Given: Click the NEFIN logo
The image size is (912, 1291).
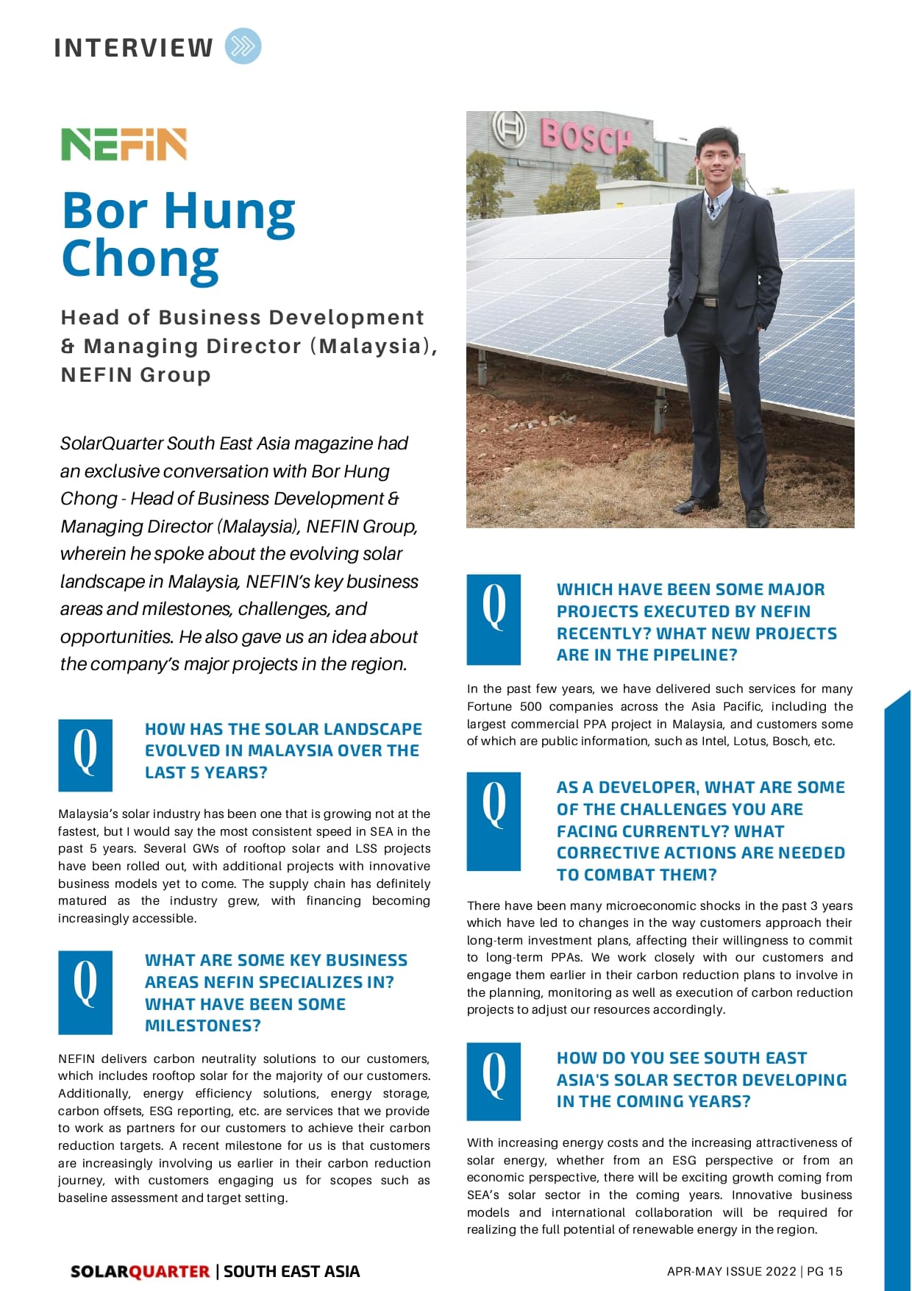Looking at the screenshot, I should pos(124,144).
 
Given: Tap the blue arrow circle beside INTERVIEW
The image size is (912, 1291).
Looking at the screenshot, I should pos(243,46).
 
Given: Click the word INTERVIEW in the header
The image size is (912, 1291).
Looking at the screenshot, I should pos(133,48).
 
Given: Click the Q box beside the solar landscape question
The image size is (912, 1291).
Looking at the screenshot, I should pos(85,755).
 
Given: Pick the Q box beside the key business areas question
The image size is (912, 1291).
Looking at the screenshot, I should pos(85,992).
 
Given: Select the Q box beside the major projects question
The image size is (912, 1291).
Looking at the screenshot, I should pos(494,619).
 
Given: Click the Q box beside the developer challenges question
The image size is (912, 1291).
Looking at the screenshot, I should pos(494,821).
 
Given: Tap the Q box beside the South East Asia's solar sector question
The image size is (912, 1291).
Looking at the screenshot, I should pos(494,1081).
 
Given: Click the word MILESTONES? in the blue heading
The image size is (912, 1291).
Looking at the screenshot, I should pos(203,1026).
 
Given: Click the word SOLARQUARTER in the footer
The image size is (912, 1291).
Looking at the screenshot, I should pos(140,1271).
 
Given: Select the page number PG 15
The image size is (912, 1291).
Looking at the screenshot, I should pos(824,1271).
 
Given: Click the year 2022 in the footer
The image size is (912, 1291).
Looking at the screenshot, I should pos(780,1271).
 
